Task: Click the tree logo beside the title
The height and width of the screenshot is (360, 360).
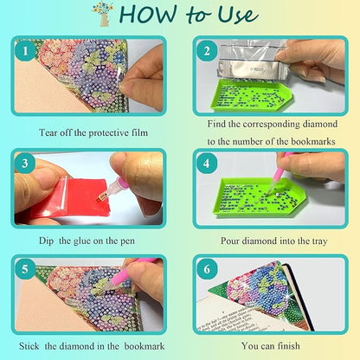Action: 103,14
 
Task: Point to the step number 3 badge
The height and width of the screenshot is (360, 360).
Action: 27,162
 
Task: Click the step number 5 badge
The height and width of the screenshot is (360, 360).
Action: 27,269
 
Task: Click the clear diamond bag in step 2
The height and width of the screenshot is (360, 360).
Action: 251,56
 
